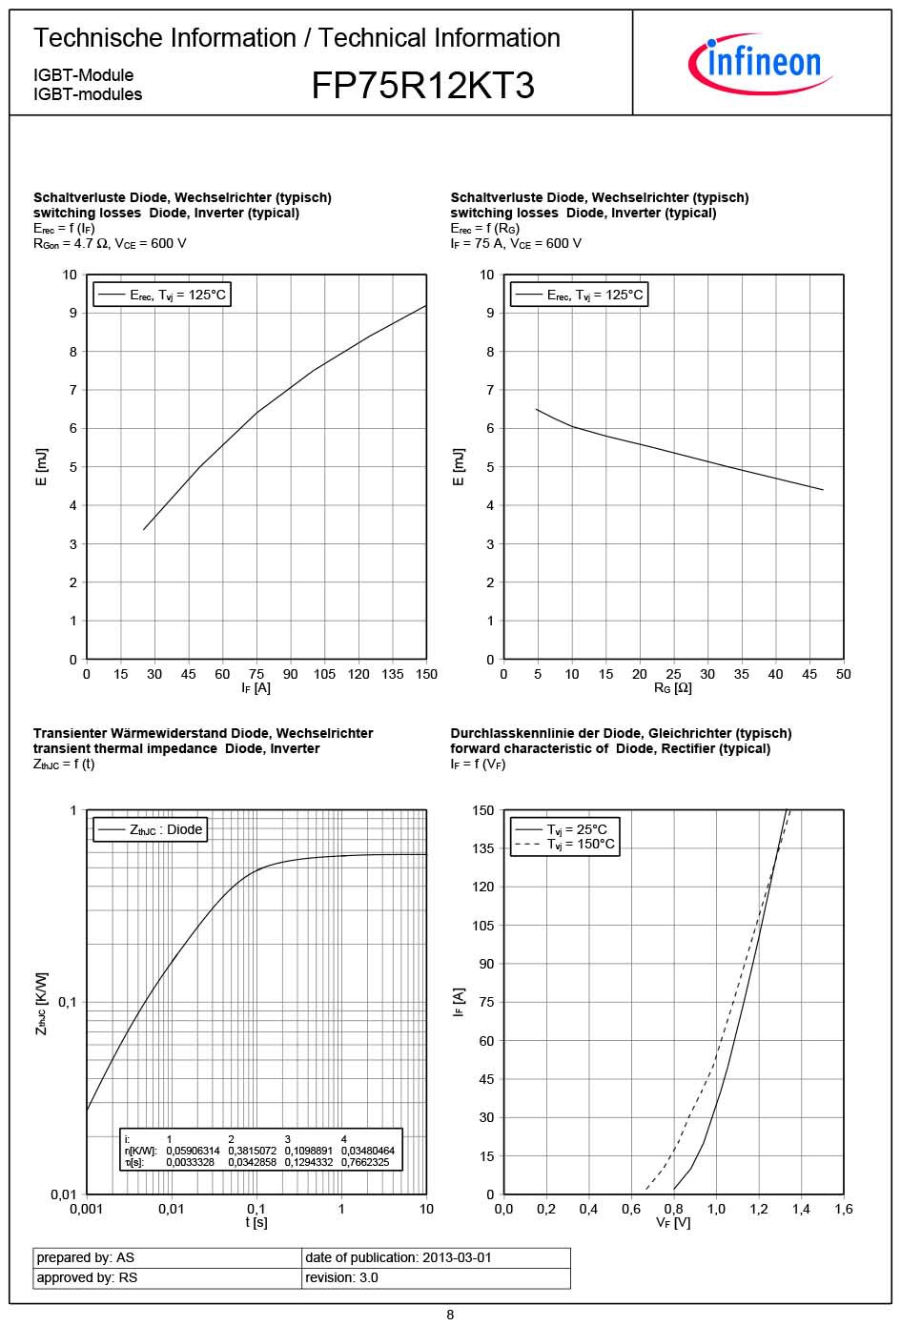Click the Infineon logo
pos(761,63)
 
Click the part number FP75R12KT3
pos(422,87)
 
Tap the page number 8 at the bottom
pos(450,1315)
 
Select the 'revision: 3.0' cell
pos(341,1277)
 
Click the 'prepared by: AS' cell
pos(86,1257)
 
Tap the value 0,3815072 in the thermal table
pos(252,1151)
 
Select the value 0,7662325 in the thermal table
pos(365,1162)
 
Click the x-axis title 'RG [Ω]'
pos(673,688)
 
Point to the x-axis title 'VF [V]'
pos(673,1223)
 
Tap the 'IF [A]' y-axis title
pos(460,1002)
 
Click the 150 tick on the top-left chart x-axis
pos(426,674)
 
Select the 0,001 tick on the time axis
pos(87,1209)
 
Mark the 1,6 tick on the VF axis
pos(844,1209)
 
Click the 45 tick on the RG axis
pos(809,674)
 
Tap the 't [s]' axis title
pos(256,1222)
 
